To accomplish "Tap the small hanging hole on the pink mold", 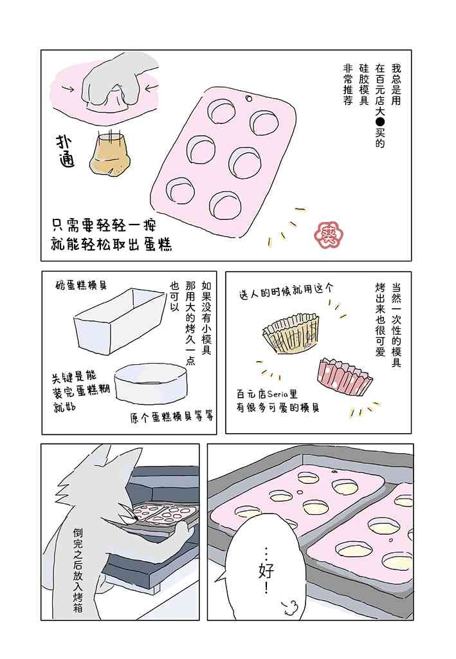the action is (248, 98).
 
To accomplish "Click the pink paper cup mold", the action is (345, 375).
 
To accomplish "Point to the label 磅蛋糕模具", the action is (82, 285).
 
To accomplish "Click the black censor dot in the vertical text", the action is (380, 122).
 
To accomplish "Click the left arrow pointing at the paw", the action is (68, 89).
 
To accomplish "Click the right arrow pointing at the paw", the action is (152, 88).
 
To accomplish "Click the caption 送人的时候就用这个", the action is (286, 291).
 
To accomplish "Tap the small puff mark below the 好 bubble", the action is (289, 606).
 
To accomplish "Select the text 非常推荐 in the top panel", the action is (348, 84).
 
